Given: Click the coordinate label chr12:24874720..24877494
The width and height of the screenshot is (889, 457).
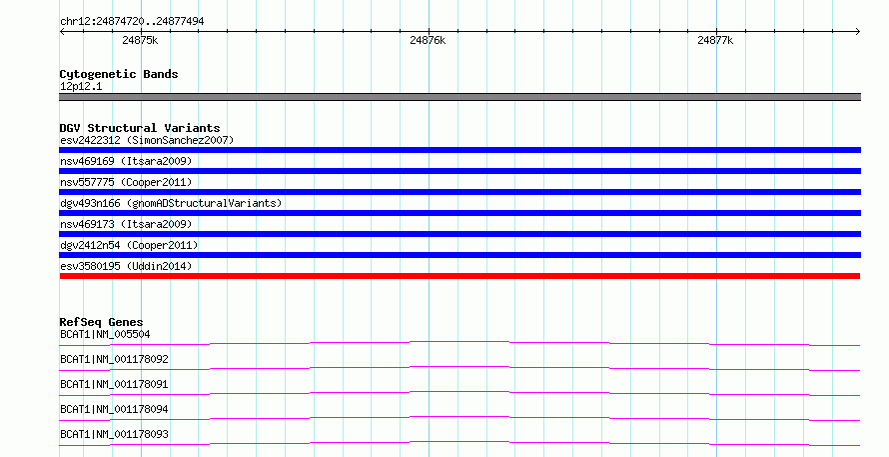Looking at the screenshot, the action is [x=132, y=22].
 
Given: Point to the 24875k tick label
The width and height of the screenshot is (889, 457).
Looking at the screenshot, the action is [x=140, y=40].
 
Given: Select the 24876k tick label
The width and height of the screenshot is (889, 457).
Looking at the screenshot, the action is [x=428, y=40].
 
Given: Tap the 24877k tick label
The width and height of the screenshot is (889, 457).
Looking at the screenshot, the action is [x=715, y=40].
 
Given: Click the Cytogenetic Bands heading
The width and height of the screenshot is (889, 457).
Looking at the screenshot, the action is [x=119, y=74].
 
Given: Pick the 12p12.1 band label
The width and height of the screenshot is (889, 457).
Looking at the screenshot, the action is [x=81, y=86].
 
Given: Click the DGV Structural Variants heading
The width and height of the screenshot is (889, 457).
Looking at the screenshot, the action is [x=140, y=128].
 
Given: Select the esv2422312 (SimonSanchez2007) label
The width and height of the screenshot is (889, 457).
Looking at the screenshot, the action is [x=147, y=140].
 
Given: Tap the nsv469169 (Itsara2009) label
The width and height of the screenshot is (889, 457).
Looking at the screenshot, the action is [x=126, y=161].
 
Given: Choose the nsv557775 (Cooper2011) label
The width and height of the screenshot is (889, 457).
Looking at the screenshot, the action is [x=126, y=182].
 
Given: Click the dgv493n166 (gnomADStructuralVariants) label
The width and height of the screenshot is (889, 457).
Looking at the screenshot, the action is [x=171, y=203].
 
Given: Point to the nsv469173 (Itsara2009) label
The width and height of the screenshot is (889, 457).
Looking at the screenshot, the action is [x=126, y=224].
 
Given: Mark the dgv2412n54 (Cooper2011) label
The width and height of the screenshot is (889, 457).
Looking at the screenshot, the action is [x=129, y=245].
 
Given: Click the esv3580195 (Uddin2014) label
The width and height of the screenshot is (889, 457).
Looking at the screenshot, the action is [x=126, y=266].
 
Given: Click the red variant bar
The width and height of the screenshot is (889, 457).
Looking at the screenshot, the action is [x=459, y=276].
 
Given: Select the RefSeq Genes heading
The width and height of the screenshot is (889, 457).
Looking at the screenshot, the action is [x=101, y=322].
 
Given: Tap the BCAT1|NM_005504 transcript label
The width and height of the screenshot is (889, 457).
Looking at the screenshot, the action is [x=105, y=334].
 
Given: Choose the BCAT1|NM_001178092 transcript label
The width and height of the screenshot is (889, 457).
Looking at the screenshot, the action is [x=114, y=359].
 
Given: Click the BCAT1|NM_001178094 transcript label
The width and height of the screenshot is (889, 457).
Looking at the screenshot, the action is [x=114, y=409].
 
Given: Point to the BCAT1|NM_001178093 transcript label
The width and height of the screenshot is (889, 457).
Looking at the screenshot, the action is [x=114, y=434].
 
